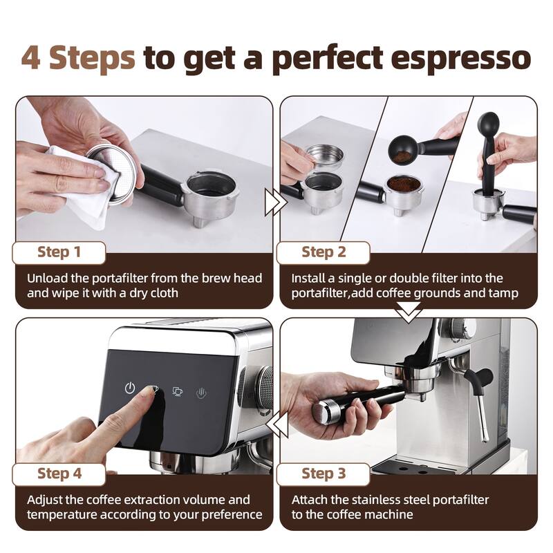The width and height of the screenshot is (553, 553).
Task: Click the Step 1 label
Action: [59, 252]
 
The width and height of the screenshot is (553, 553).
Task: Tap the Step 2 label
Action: [324, 252]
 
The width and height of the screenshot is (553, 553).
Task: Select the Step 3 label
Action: [324, 474]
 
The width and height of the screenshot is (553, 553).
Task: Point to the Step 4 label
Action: [59, 474]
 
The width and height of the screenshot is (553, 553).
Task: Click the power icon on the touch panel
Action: [130, 388]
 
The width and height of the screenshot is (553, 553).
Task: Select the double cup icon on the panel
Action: [178, 391]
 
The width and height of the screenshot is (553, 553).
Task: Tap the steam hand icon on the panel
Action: [202, 392]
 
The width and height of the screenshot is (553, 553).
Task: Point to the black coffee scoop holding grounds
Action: [404, 147]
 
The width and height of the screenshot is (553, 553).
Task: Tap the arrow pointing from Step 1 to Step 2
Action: [274, 202]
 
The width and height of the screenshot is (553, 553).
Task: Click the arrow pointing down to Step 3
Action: [408, 313]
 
